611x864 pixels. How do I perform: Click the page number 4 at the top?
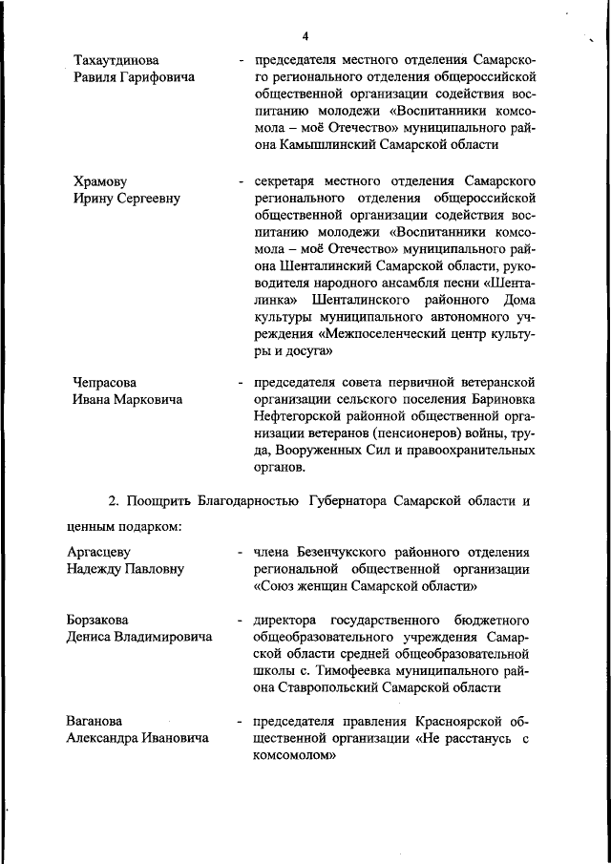tap(305, 36)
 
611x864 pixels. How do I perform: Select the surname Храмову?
tap(100, 180)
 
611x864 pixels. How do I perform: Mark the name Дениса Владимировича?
tap(139, 638)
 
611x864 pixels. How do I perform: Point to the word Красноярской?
tap(461, 721)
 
